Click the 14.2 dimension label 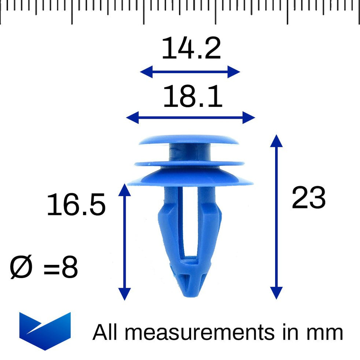(191, 48)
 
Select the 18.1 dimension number (192, 96)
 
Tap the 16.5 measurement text (76, 204)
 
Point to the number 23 (309, 198)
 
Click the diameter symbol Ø (21, 267)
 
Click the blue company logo (45, 331)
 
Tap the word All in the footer (105, 332)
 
